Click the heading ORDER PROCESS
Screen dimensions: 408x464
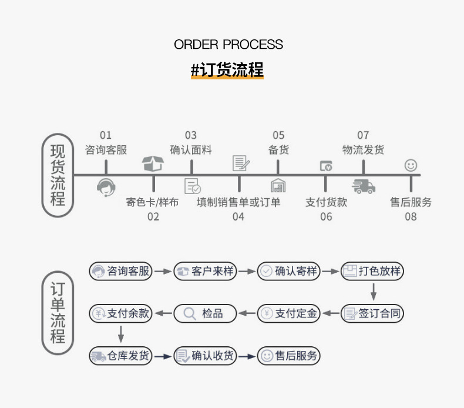tap(228, 45)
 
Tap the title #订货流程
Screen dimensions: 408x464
tap(227, 69)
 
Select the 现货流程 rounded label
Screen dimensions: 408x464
tap(58, 175)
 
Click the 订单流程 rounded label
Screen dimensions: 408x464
tap(58, 312)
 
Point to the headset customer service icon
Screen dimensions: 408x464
tap(106, 187)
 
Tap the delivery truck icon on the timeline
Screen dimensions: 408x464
tap(364, 186)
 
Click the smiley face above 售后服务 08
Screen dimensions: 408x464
tap(411, 165)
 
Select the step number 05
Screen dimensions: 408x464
tap(278, 136)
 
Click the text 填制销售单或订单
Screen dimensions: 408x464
tap(238, 202)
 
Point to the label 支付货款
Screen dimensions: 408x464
tap(326, 202)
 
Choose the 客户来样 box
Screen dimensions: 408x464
tap(204, 271)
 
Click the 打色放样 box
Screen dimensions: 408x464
tap(372, 271)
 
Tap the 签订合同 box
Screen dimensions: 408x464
tap(372, 313)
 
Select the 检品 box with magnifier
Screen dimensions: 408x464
tap(204, 313)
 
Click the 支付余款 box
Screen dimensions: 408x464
tap(120, 313)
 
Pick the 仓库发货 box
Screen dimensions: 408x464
tap(120, 356)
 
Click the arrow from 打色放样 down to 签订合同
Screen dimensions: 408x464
tap(372, 292)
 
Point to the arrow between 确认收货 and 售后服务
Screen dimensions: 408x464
tap(247, 356)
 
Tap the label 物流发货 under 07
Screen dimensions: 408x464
tap(363, 150)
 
